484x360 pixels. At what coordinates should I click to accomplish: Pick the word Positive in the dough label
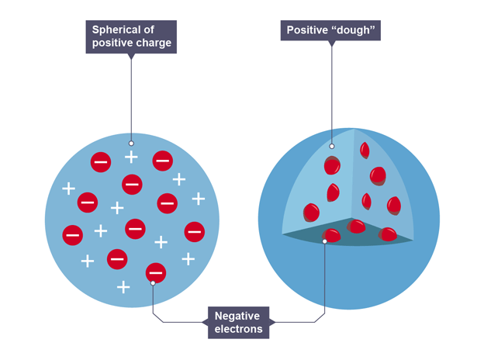pos(307,31)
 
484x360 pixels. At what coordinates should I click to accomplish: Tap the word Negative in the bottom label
pos(239,316)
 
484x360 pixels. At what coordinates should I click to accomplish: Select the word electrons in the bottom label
pos(239,329)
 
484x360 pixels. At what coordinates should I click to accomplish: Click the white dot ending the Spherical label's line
pos(131,144)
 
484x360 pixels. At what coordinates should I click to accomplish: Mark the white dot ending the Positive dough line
pos(331,145)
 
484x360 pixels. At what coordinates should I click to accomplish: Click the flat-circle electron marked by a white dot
pos(155,272)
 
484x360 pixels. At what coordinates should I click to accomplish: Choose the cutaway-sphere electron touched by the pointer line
pos(331,236)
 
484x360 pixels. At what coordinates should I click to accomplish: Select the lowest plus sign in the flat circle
pos(123,287)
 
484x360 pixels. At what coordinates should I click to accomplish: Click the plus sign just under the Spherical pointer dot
pos(131,157)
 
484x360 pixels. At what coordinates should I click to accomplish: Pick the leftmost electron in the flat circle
pos(73,234)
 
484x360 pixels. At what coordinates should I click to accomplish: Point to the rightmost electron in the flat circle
pos(194,231)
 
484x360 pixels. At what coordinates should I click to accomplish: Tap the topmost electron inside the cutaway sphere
pos(364,150)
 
